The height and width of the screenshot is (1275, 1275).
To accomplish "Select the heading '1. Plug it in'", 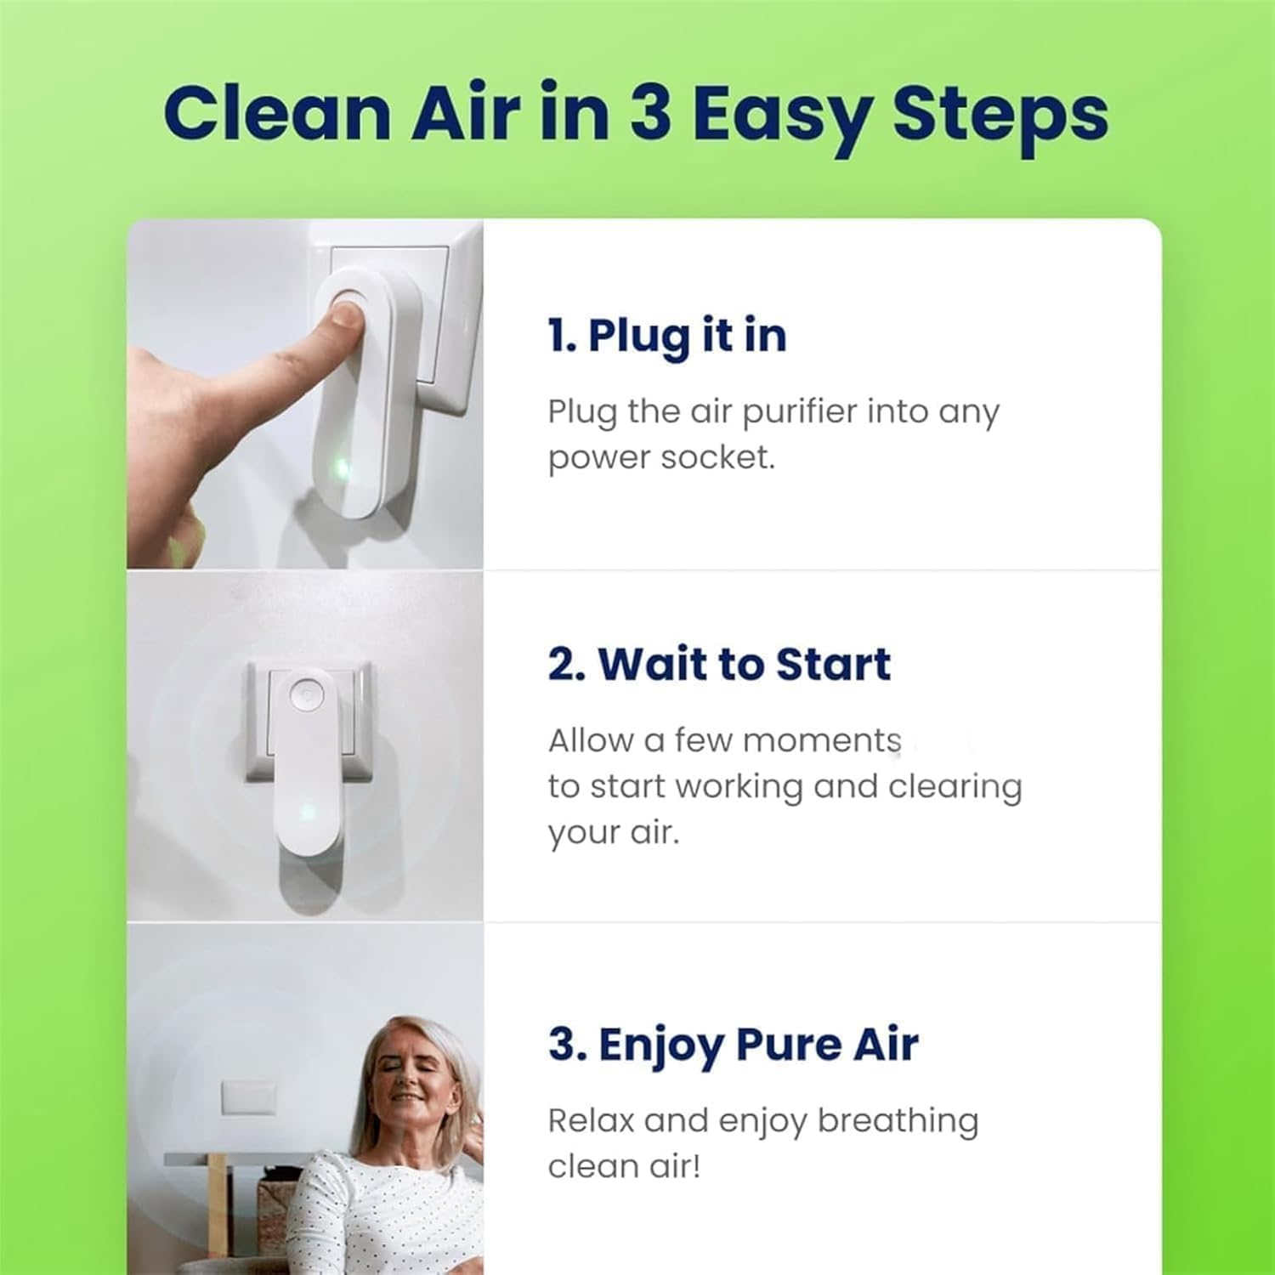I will tap(667, 336).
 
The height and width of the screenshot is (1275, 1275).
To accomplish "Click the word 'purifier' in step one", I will tap(799, 412).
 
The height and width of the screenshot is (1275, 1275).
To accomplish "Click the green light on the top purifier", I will tap(342, 467).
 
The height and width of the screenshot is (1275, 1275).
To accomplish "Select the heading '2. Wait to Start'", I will tap(719, 664).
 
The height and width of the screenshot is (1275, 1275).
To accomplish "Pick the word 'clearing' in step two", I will tap(955, 787).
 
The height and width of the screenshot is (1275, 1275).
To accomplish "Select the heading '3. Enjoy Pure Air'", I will tap(733, 1045).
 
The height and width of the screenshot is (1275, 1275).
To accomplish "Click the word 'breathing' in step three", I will tap(898, 1122).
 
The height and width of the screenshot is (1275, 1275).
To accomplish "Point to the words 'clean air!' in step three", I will tap(624, 1166).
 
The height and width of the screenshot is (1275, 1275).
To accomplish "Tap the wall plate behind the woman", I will tap(248, 1097).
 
